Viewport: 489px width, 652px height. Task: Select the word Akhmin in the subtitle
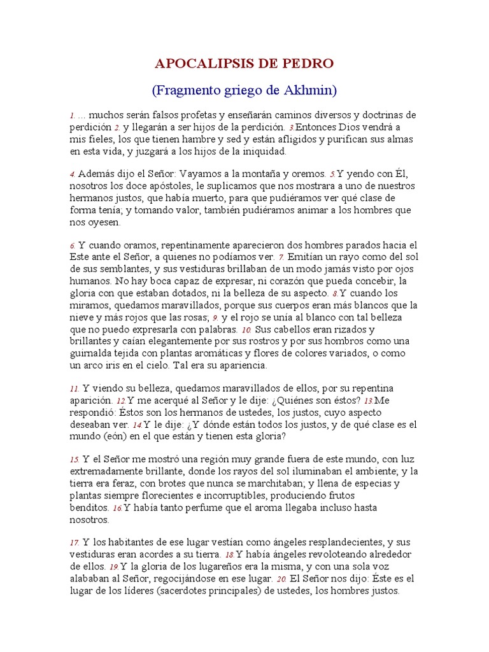click(308, 90)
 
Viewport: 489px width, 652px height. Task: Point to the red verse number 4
click(73, 174)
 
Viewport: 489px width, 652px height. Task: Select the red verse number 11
click(74, 388)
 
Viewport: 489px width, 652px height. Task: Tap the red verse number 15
click(74, 460)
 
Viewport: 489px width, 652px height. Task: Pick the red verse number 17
click(74, 542)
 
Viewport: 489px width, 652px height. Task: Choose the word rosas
click(195, 317)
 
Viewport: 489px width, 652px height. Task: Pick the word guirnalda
click(92, 353)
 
